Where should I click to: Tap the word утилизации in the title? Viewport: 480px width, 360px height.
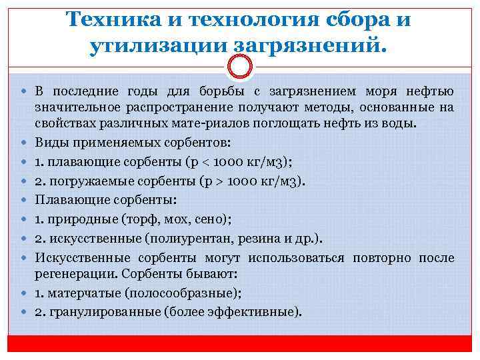[x=156, y=46]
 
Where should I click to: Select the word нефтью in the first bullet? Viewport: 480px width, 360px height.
[x=430, y=91]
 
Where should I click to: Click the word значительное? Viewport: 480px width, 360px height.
[x=79, y=107]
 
